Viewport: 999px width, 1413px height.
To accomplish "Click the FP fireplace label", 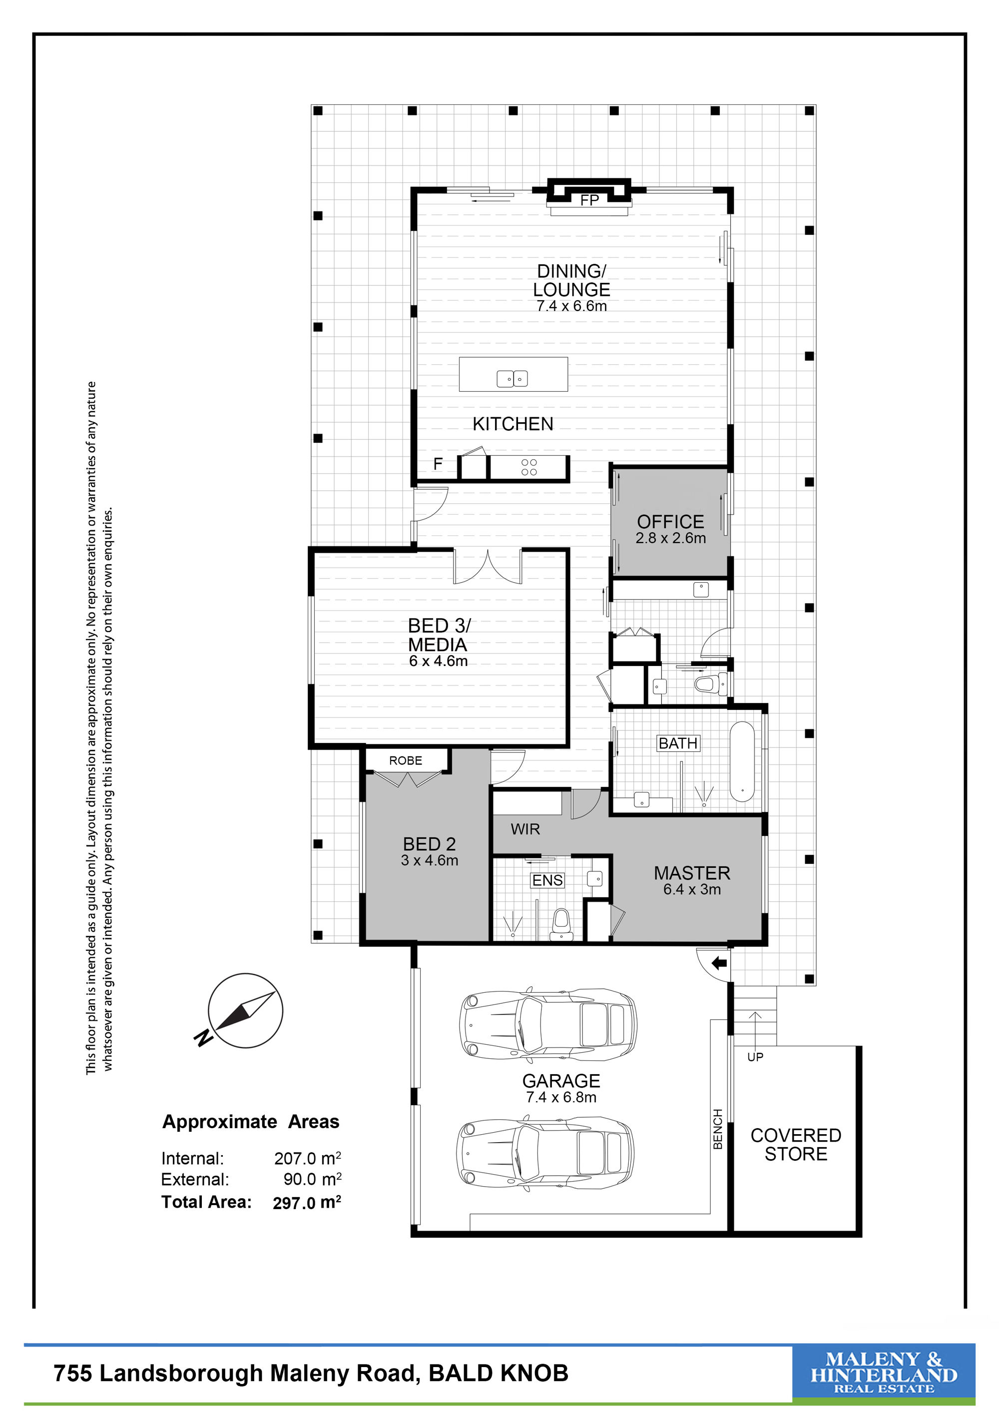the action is (x=589, y=201).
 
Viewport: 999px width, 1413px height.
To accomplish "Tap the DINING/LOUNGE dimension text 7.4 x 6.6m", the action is (x=571, y=306).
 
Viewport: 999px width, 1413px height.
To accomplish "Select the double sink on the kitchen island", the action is (x=512, y=379).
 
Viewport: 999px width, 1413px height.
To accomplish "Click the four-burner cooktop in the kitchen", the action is (x=529, y=467).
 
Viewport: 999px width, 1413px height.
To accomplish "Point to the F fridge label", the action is (x=438, y=464).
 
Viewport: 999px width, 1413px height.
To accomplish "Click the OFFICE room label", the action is (x=670, y=522).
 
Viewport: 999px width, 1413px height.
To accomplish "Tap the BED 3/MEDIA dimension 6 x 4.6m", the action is (x=439, y=661).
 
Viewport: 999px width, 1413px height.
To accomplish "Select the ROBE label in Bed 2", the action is (x=406, y=760).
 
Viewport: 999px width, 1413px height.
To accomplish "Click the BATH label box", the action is (x=678, y=743).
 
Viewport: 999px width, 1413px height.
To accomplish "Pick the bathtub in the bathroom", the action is (x=742, y=761).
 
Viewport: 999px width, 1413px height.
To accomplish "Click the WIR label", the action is (x=525, y=829).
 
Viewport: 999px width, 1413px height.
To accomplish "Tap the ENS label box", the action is (x=547, y=881).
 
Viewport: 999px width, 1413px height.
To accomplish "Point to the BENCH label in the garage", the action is (x=718, y=1129).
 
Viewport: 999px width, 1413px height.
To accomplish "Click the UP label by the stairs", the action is (x=755, y=1057).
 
